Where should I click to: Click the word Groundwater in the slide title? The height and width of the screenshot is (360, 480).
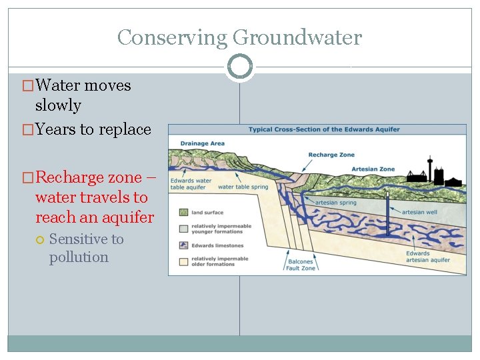[x=297, y=37]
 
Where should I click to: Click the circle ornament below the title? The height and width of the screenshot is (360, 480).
[x=239, y=67]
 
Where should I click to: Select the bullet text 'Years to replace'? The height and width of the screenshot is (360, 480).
[x=93, y=129]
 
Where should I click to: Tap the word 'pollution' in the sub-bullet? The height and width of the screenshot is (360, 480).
[x=79, y=257]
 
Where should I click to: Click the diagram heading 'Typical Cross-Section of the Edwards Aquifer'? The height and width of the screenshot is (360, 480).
[x=324, y=129]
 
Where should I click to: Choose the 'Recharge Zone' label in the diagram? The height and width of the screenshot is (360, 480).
[x=331, y=155]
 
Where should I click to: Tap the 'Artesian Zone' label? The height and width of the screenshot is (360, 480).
[x=374, y=169]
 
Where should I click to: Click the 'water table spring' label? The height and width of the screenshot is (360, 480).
[x=243, y=187]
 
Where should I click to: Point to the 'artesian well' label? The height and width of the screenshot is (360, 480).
[x=420, y=212]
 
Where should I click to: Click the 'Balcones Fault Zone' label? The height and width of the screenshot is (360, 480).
[x=301, y=265]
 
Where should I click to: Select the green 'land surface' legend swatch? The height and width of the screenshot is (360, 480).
[x=183, y=213]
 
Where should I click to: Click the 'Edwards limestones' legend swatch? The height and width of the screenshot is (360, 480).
[x=183, y=245]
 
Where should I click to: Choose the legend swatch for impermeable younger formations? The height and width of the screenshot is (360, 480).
[x=183, y=229]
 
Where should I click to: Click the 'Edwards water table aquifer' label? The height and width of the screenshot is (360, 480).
[x=191, y=184]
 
